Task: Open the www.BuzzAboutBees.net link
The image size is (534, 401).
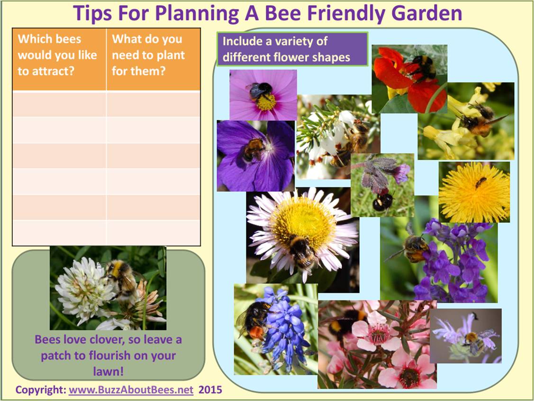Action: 131,390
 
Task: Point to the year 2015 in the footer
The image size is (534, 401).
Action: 210,390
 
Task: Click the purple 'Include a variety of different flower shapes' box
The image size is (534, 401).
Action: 292,49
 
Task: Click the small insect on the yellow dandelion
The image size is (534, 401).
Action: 480,182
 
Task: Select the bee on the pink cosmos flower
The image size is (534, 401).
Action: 260,91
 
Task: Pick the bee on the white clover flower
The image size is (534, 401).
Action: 121,277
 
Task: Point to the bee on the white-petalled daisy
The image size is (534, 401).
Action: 301,251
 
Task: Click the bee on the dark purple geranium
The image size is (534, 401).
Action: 253,149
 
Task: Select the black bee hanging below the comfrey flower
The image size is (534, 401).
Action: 383,201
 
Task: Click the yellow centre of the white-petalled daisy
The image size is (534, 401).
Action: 303,219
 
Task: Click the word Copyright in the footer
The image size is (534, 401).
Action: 41,390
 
